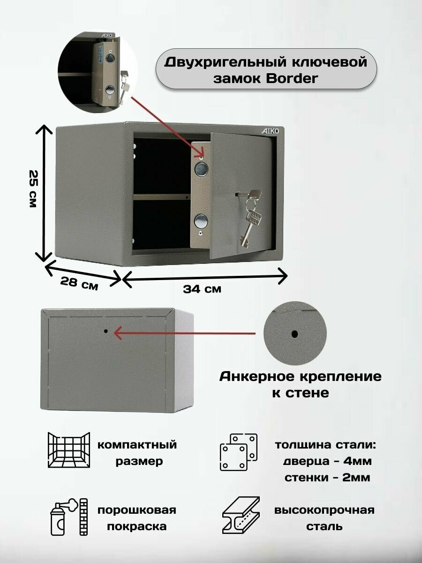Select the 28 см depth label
coord(79,283)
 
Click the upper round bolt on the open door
coord(201,169)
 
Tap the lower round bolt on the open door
coord(201,220)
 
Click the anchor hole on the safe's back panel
coord(106,331)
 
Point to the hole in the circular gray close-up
coord(294,334)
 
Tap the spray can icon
coord(68,517)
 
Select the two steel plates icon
coord(239,452)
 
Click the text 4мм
coord(357,461)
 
